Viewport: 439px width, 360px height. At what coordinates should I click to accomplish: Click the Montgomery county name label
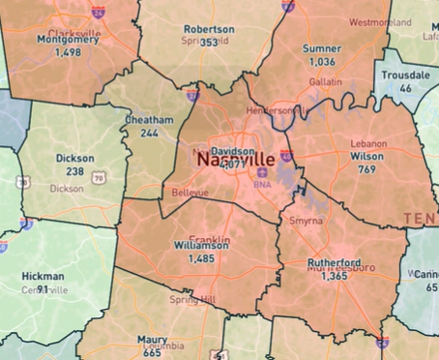click(x=68, y=40)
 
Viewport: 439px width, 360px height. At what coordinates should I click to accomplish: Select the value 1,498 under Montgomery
click(x=68, y=52)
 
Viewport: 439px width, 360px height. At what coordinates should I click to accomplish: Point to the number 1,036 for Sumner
click(x=321, y=61)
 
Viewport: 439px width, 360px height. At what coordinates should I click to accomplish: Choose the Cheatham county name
click(x=149, y=120)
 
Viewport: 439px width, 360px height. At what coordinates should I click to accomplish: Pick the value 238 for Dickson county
click(x=74, y=170)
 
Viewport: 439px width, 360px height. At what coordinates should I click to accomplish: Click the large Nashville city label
click(x=235, y=160)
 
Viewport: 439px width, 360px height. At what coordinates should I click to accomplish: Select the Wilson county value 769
click(x=366, y=169)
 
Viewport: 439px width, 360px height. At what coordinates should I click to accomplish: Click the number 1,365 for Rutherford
click(x=336, y=276)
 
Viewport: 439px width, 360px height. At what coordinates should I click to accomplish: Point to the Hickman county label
click(x=44, y=277)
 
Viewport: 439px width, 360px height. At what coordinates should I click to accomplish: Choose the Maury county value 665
click(x=152, y=352)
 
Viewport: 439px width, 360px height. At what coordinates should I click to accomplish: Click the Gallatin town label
click(x=325, y=82)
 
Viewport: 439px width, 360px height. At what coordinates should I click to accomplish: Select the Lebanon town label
click(x=368, y=143)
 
